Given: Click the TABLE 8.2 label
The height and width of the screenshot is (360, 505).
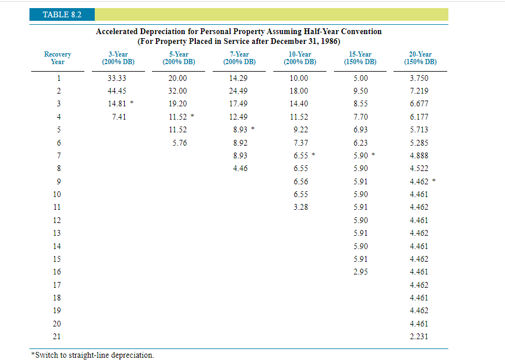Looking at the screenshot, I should (62, 14).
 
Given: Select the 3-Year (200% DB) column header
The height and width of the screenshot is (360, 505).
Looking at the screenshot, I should (118, 58).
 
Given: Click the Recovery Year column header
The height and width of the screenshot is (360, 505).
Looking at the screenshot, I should (58, 58).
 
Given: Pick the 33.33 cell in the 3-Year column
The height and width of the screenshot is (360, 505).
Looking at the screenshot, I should (117, 78).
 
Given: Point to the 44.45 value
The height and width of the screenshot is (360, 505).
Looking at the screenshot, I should (117, 91).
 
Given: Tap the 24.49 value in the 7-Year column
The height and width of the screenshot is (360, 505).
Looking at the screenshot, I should (238, 91).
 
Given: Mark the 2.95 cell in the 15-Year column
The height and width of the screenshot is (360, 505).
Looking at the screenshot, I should (360, 272).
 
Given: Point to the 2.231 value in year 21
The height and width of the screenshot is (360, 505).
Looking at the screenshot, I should (419, 336).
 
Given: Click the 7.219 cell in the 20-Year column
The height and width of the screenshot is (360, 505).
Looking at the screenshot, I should (419, 91).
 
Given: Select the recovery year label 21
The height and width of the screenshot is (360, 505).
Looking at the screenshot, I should (57, 336).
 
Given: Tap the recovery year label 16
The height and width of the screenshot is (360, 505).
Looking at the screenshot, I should (57, 272).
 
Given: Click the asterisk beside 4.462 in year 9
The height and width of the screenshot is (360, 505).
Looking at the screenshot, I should (434, 181).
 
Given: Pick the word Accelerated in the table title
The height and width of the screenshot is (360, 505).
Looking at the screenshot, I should (118, 32).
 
